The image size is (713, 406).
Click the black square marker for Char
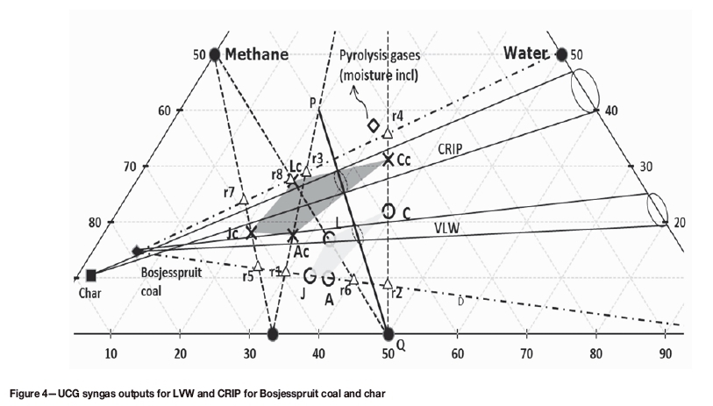tap(90, 275)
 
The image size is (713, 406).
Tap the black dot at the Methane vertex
tap(215, 54)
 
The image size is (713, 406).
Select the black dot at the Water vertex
tap(562, 54)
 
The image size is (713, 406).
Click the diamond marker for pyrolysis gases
tap(374, 125)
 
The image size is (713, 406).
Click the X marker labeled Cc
tap(389, 160)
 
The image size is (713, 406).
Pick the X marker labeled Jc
tap(251, 232)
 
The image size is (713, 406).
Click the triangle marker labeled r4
tap(388, 132)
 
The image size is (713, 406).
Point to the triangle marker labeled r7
tap(244, 201)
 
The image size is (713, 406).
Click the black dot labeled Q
tap(389, 333)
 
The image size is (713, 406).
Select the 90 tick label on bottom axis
tap(666, 353)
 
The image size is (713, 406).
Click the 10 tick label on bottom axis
tap(111, 353)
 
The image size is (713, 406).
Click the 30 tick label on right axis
tap(646, 167)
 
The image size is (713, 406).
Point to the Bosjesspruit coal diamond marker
tap(136, 251)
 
